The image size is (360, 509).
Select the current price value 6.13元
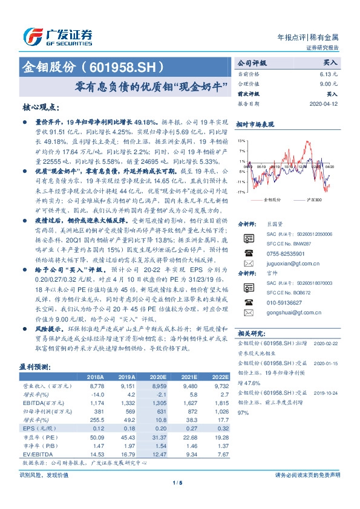(328, 73)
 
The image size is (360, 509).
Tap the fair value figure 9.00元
(328, 83)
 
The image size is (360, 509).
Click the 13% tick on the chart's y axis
(241, 140)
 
